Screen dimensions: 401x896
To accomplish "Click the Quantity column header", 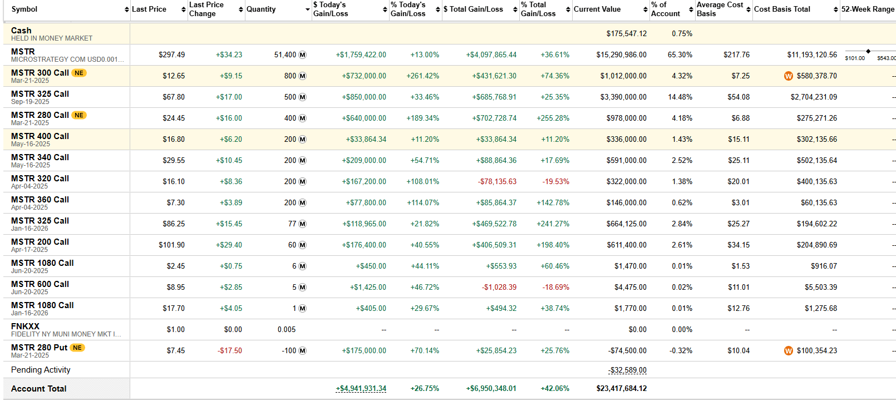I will [x=261, y=9].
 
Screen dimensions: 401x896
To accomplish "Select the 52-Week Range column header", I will [x=867, y=9].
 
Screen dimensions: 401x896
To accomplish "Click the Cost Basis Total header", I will [x=781, y=9].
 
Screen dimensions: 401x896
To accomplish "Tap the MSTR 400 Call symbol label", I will [x=40, y=136].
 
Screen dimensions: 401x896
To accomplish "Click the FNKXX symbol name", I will [x=25, y=326].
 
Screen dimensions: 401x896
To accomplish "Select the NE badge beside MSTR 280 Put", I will [x=77, y=348].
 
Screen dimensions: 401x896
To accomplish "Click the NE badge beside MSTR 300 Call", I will [x=79, y=73].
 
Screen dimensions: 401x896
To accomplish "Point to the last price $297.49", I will [x=171, y=55].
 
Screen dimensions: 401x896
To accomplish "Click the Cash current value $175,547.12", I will [x=626, y=33].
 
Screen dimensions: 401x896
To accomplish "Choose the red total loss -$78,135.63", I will [x=497, y=181].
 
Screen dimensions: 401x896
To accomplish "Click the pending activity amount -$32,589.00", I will [x=627, y=370].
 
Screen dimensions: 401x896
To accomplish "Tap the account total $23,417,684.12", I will [x=621, y=388].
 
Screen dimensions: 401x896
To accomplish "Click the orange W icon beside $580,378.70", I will [x=788, y=76].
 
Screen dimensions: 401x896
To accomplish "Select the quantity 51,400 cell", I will [x=285, y=55].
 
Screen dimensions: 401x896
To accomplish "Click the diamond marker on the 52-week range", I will [x=868, y=51].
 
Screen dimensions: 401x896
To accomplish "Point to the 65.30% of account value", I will [x=680, y=55].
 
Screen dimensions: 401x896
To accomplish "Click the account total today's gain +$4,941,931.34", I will [x=361, y=388].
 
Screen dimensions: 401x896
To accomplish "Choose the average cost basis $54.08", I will [x=738, y=97].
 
